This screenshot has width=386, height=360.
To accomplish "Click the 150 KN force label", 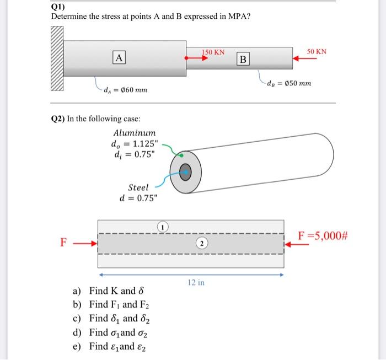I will [212, 52].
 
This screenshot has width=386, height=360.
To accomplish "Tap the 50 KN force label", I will [317, 51].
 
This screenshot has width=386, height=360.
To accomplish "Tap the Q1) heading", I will [58, 7].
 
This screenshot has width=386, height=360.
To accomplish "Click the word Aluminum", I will [135, 133].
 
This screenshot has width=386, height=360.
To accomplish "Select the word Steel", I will [138, 187].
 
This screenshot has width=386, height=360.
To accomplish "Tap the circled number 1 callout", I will [163, 226].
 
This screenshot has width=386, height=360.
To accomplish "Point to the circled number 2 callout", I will [202, 243].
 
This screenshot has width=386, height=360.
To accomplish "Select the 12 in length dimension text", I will [197, 283].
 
